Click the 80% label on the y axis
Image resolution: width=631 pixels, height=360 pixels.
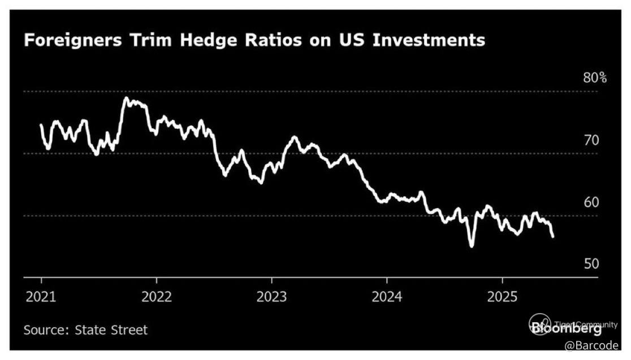(595, 78)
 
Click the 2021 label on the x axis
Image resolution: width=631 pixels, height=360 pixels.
(41, 297)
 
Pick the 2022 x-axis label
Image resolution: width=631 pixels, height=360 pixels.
(156, 297)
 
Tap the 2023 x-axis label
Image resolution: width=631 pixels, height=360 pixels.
(271, 297)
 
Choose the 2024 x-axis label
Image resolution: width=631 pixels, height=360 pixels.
(387, 297)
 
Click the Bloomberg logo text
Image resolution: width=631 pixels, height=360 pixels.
(565, 328)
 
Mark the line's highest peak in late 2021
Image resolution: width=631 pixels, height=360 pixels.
(126, 98)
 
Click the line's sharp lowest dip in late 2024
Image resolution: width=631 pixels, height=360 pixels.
(472, 246)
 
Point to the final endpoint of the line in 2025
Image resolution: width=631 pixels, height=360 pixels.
(552, 236)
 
